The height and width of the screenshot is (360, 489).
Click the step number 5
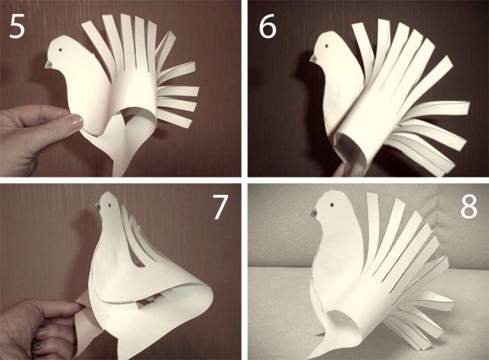[17, 27]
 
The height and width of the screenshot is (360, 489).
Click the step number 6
[268, 27]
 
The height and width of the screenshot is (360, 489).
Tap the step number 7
[220, 207]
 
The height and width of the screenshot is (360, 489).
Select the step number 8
[469, 206]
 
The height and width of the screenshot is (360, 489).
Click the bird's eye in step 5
[61, 50]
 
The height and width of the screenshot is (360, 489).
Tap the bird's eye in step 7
[110, 206]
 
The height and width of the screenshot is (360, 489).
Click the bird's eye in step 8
[333, 205]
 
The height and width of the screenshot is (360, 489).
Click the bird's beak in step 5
[49, 64]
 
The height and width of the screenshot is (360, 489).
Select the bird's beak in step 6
[314, 58]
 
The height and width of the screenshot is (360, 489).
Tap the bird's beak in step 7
[98, 206]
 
